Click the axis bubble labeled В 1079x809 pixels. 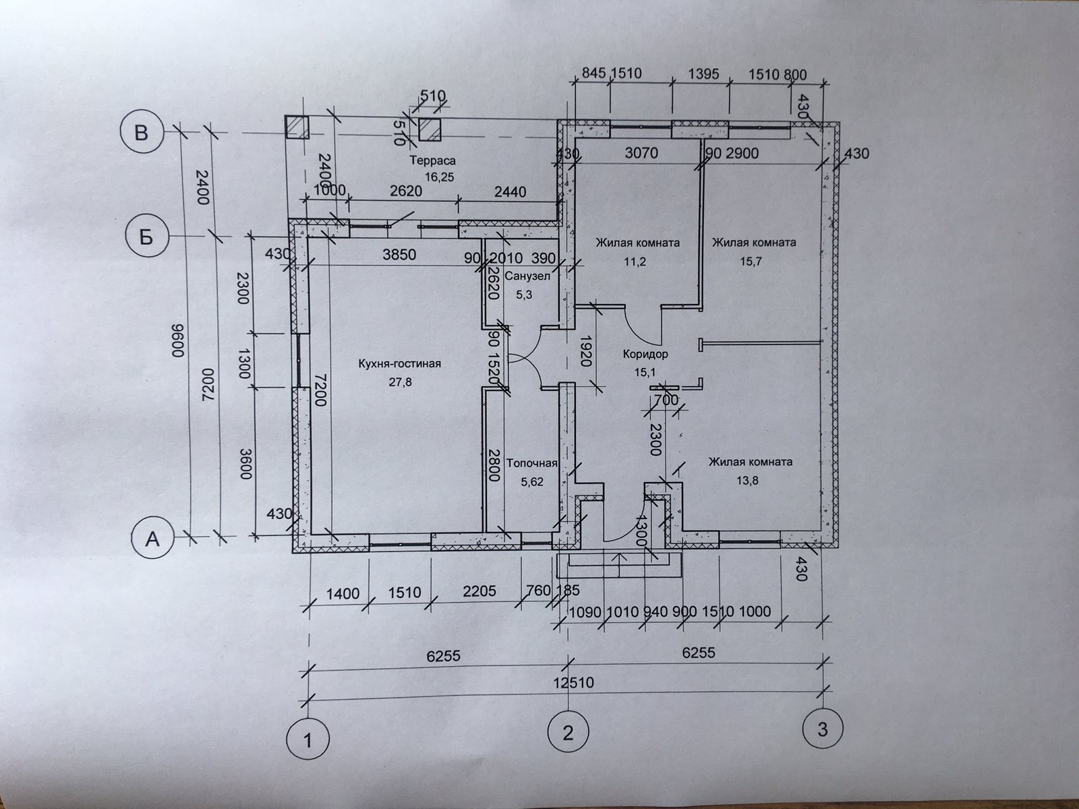(x=141, y=132)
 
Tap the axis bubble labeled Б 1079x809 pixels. (x=147, y=237)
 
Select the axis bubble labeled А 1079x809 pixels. (x=154, y=539)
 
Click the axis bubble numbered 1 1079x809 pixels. (x=308, y=740)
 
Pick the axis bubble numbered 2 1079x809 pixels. (x=568, y=732)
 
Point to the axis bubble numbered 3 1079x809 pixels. (x=822, y=728)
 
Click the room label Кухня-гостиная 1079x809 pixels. (x=400, y=364)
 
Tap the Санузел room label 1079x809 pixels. (x=527, y=276)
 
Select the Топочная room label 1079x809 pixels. (x=531, y=463)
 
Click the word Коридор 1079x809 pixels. (x=645, y=354)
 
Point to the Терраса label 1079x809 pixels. (x=433, y=160)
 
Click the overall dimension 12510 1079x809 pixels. (x=573, y=682)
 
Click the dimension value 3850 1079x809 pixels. (x=399, y=255)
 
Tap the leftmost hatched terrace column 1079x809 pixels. (x=295, y=127)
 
